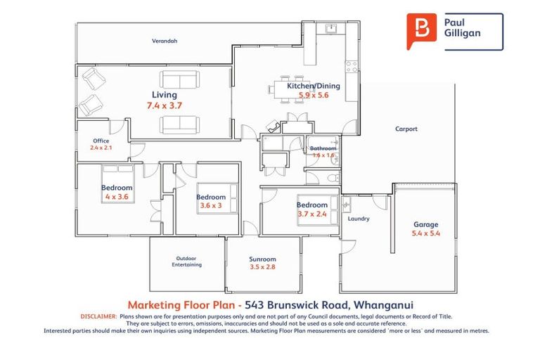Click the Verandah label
(x=165, y=41)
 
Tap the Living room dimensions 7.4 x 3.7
(x=165, y=105)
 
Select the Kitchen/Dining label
(x=313, y=86)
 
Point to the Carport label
(x=406, y=129)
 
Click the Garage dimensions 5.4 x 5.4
(x=425, y=233)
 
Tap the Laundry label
(x=359, y=219)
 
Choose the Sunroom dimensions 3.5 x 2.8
(x=263, y=267)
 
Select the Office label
(x=101, y=140)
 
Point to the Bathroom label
(x=323, y=148)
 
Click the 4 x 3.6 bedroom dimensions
(x=117, y=197)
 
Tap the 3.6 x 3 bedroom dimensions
(x=211, y=206)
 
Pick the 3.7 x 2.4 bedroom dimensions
(x=312, y=214)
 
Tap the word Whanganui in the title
(x=383, y=304)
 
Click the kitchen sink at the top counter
(x=330, y=29)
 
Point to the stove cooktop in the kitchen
(x=351, y=67)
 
